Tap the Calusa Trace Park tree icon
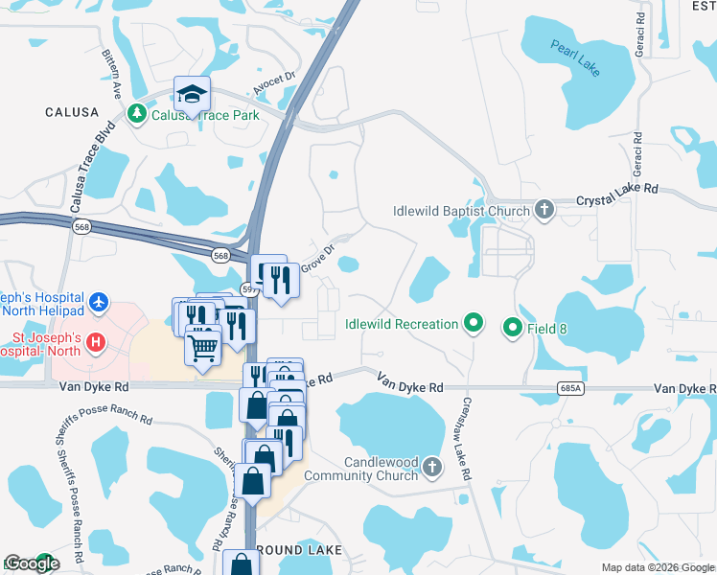pyautogui.click(x=137, y=114)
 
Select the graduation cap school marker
pyautogui.click(x=192, y=95)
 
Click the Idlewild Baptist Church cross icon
pyautogui.click(x=544, y=210)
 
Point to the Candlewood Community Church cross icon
pyautogui.click(x=432, y=467)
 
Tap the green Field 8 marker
pyautogui.click(x=512, y=329)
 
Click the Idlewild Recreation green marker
pyautogui.click(x=472, y=324)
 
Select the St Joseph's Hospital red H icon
pyautogui.click(x=95, y=341)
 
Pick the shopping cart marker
pyautogui.click(x=202, y=346)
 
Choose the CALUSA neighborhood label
pyautogui.click(x=72, y=112)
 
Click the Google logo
pyautogui.click(x=31, y=563)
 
